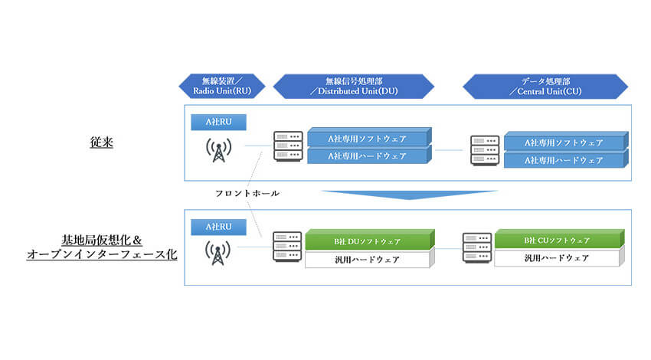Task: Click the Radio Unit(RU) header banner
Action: [221, 87]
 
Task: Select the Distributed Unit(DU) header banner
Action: [353, 87]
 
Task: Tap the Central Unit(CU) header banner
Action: [545, 87]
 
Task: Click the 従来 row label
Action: [102, 142]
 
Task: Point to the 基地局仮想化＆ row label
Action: [102, 240]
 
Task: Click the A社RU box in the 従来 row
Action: [218, 122]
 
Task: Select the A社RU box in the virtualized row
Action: [218, 227]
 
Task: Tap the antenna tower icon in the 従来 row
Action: [219, 150]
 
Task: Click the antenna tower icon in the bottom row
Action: [218, 253]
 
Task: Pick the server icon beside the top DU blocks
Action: [288, 146]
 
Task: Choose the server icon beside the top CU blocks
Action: [485, 150]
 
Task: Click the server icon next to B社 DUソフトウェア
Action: [287, 247]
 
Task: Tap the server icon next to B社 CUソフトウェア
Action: [477, 247]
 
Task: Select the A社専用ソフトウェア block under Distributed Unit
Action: [369, 137]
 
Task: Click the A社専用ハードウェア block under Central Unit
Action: [566, 160]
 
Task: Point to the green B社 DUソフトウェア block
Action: [369, 240]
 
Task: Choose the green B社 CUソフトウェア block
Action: [559, 239]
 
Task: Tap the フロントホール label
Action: [247, 193]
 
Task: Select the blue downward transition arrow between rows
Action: [410, 195]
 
